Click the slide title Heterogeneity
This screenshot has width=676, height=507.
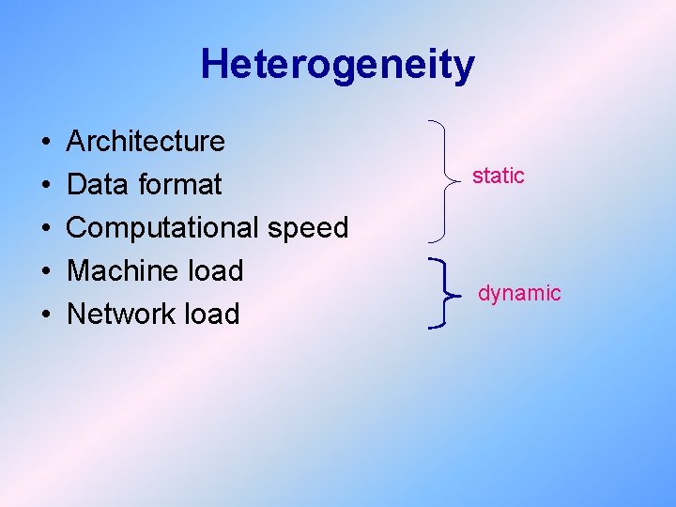[337, 65]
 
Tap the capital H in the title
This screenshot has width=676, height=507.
[215, 64]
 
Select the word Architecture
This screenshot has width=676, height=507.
[146, 142]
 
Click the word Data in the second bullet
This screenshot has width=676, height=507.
[97, 184]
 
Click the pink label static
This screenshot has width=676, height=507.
[498, 176]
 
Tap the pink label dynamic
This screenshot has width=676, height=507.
[519, 293]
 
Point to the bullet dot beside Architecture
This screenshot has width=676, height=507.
[46, 143]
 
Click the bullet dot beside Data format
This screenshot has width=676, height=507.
[46, 186]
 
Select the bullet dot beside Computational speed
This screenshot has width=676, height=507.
[46, 229]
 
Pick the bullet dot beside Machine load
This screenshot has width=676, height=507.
[46, 272]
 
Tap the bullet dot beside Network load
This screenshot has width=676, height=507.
[46, 315]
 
